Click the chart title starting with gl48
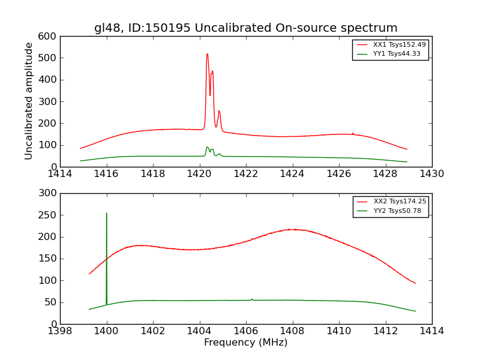click(x=245, y=28)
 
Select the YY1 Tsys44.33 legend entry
click(x=397, y=54)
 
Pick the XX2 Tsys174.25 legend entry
click(x=400, y=202)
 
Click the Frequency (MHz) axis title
click(x=245, y=343)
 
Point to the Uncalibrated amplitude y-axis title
click(x=29, y=101)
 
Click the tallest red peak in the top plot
click(x=208, y=54)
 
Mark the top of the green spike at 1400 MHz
click(x=107, y=213)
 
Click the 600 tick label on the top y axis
click(x=49, y=36)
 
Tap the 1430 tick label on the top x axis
click(x=431, y=174)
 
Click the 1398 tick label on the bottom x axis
click(x=60, y=331)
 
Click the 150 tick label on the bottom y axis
click(x=49, y=259)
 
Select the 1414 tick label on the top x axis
click(x=60, y=174)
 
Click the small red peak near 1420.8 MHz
click(x=219, y=111)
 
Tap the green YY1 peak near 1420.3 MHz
click(x=208, y=147)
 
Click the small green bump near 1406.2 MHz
click(x=251, y=299)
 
